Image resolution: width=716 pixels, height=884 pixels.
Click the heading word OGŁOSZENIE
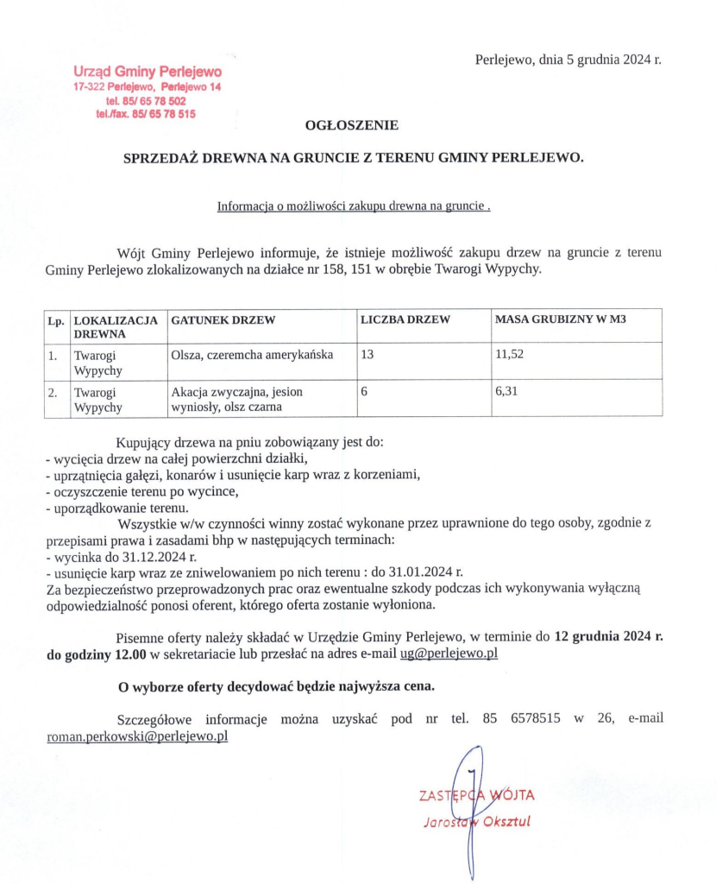pos(352,125)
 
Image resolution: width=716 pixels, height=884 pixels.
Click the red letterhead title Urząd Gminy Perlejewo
pos(148,73)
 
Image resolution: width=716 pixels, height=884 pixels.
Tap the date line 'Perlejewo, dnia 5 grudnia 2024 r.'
pos(568,60)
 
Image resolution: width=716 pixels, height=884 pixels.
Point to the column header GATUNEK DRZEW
pos(223,320)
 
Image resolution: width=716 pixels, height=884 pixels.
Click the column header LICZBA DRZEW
pos(405,320)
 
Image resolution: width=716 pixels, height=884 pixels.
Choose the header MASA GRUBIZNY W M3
pos(561,320)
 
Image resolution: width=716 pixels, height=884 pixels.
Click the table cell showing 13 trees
pos(367,355)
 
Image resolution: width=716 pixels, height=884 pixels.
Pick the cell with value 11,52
pos(510,355)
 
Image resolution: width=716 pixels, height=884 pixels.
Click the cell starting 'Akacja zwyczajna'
pos(237,399)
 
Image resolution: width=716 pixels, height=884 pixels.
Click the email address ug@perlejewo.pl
pos(449,654)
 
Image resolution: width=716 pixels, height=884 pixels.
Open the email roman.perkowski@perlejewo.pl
pos(137,738)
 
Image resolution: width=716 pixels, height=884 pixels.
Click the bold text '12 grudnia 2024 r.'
pos(608,637)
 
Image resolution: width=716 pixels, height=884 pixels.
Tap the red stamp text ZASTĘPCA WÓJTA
pos(476,795)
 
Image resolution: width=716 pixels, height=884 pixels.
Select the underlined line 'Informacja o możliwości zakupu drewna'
pos(355,206)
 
